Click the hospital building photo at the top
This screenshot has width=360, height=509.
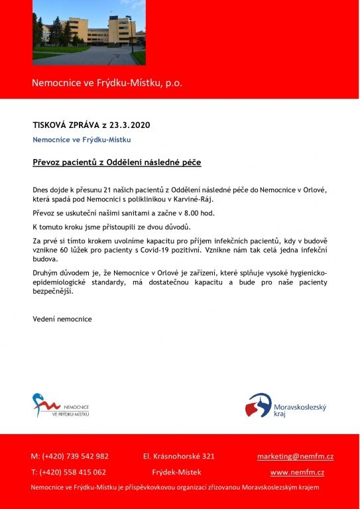[x=88, y=33]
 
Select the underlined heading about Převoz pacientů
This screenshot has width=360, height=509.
[x=117, y=162]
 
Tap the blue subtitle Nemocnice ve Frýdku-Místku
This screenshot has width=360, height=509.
[x=82, y=140]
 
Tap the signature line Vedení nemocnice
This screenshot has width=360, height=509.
[x=62, y=319]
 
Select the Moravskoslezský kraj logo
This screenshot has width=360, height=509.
[x=285, y=405]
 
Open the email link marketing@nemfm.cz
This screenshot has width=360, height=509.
[x=295, y=456]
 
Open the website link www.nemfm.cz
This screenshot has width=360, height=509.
[x=297, y=473]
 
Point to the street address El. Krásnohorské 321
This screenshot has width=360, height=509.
[x=178, y=456]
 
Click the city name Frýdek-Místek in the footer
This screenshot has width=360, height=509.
[x=176, y=473]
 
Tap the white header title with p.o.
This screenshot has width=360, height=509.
[x=107, y=83]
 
